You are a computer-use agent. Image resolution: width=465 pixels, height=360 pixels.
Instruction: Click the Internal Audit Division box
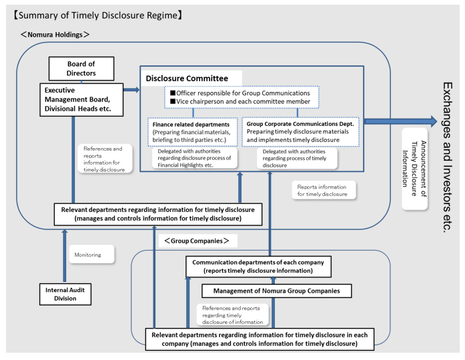pyautogui.click(x=65, y=294)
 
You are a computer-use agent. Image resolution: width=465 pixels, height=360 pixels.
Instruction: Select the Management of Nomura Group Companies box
pyautogui.click(x=276, y=291)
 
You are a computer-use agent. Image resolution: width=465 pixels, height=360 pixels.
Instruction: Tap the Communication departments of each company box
pyautogui.click(x=258, y=267)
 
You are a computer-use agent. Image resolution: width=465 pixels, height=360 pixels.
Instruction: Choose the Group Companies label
pyautogui.click(x=197, y=240)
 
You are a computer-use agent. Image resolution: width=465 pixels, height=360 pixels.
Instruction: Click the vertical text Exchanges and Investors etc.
pyautogui.click(x=448, y=157)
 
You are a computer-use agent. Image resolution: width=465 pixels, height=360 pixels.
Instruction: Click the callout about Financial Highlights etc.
pyautogui.click(x=195, y=158)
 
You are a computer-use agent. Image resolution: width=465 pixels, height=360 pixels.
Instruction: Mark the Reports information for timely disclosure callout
pyautogui.click(x=323, y=190)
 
